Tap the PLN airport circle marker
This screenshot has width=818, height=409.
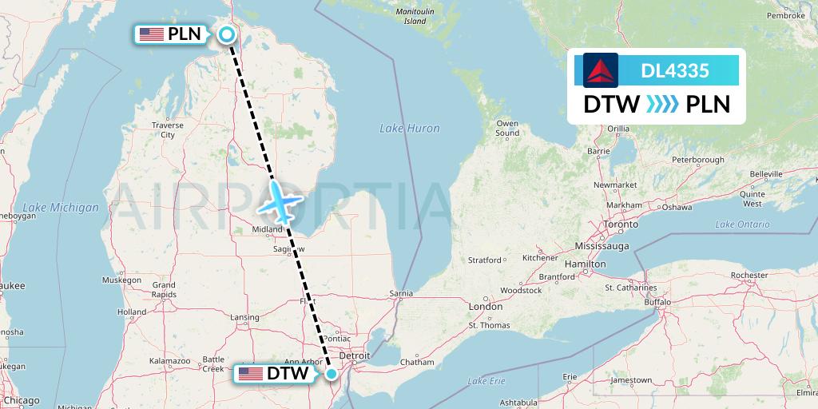point(227,34)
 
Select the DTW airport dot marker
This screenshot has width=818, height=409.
point(332,373)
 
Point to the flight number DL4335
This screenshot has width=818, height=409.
point(675,70)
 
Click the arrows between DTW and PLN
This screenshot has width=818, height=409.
point(662,105)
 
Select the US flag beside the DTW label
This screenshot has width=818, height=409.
point(250,374)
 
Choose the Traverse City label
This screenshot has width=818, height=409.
point(168,130)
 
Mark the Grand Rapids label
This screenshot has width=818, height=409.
point(164,289)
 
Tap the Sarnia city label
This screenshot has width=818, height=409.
point(401,293)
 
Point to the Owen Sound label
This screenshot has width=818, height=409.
point(507,128)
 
